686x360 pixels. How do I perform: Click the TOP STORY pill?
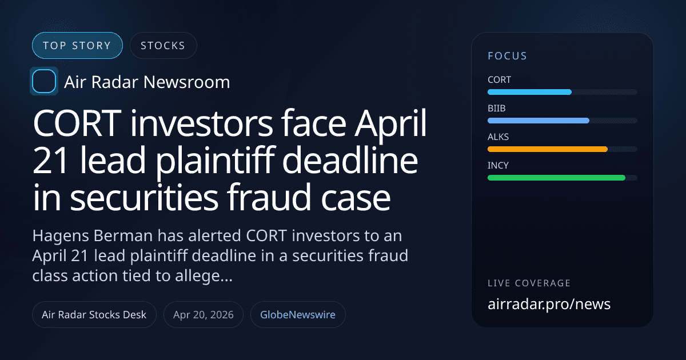[x=77, y=46]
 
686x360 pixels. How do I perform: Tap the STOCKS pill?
[x=163, y=46]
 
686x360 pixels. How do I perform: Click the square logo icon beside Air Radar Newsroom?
[x=43, y=82]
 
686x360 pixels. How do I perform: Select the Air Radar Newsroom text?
[x=147, y=82]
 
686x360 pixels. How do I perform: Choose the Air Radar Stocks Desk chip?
[x=94, y=314]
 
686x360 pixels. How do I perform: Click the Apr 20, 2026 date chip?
[x=204, y=314]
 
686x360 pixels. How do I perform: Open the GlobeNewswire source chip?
[x=298, y=314]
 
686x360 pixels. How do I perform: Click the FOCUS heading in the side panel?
[x=507, y=56]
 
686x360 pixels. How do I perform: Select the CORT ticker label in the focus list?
[x=499, y=80]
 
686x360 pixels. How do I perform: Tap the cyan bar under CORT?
[x=529, y=92]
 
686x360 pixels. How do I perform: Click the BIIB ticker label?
[x=497, y=109]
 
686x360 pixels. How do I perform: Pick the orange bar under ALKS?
[x=547, y=149]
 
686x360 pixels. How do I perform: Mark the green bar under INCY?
[x=556, y=178]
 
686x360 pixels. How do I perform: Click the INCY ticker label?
[x=498, y=166]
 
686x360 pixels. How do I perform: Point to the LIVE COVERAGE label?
[x=529, y=283]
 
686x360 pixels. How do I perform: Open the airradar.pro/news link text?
[x=549, y=304]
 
